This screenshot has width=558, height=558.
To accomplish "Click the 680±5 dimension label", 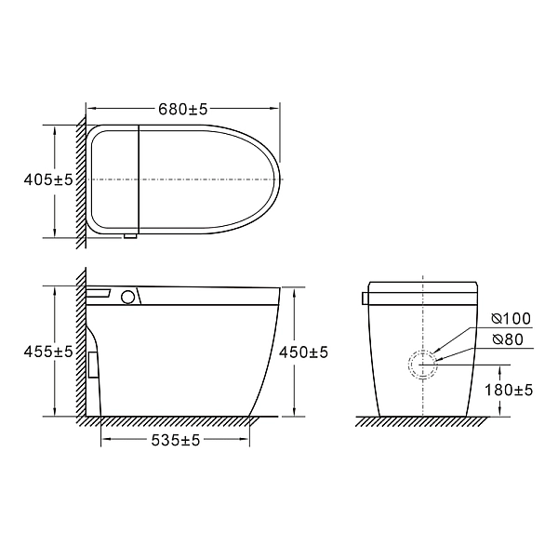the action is [182, 109].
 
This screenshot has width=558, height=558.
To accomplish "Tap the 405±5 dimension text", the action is [48, 179].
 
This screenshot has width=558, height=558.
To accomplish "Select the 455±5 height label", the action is [48, 352].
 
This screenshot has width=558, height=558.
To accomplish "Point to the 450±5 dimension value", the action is [303, 352].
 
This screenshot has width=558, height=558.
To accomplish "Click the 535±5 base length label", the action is [176, 441].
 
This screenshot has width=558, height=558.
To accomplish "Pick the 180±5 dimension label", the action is [509, 390].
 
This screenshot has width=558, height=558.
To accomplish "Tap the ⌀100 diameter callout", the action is [511, 318].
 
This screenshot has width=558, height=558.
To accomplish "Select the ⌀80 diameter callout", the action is [508, 339].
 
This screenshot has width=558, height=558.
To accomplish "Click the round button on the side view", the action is [127, 297].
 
